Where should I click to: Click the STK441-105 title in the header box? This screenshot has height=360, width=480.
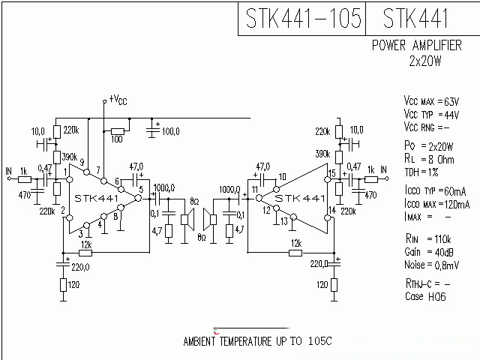point(301,18)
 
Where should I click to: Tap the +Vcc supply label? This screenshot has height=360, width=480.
point(118,98)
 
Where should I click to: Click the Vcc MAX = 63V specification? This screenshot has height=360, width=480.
point(430,101)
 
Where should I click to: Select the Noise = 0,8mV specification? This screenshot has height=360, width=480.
point(431,265)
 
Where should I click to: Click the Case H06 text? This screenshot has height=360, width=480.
point(424,296)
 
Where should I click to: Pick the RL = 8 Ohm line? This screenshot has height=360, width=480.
point(429,159)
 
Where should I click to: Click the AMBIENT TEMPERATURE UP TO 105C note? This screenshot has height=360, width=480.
point(257,342)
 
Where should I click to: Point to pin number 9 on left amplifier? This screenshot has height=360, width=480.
point(82,161)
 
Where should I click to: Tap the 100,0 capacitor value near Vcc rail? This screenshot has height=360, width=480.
point(170,131)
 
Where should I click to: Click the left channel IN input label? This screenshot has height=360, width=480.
point(8,170)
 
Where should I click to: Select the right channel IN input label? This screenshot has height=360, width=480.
point(383,170)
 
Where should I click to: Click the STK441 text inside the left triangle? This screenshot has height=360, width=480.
point(97,198)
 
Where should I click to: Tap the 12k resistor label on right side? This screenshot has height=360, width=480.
point(296,244)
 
